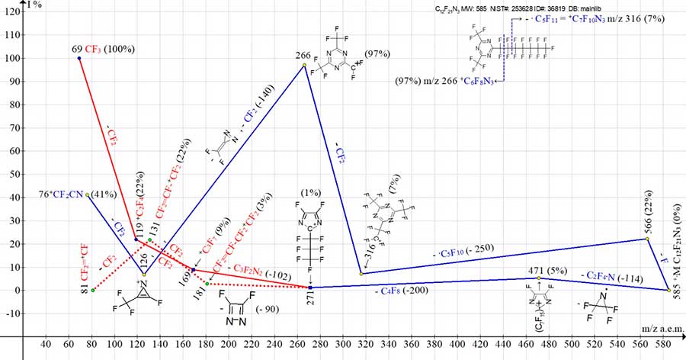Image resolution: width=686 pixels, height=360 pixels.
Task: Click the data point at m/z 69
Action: tap(79, 58)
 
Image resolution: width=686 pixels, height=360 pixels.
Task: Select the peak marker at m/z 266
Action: tap(304, 66)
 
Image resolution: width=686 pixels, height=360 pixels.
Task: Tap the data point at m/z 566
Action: tap(647, 239)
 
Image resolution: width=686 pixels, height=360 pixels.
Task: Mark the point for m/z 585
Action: tap(668, 290)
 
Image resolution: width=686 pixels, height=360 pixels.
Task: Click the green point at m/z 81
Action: tap(93, 290)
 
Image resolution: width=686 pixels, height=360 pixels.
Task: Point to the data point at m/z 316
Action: tap(361, 273)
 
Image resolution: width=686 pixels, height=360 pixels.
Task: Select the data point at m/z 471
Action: tap(538, 278)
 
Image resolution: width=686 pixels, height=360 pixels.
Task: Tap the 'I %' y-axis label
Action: tap(34, 5)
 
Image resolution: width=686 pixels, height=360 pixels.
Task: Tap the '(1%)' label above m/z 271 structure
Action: tap(311, 191)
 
